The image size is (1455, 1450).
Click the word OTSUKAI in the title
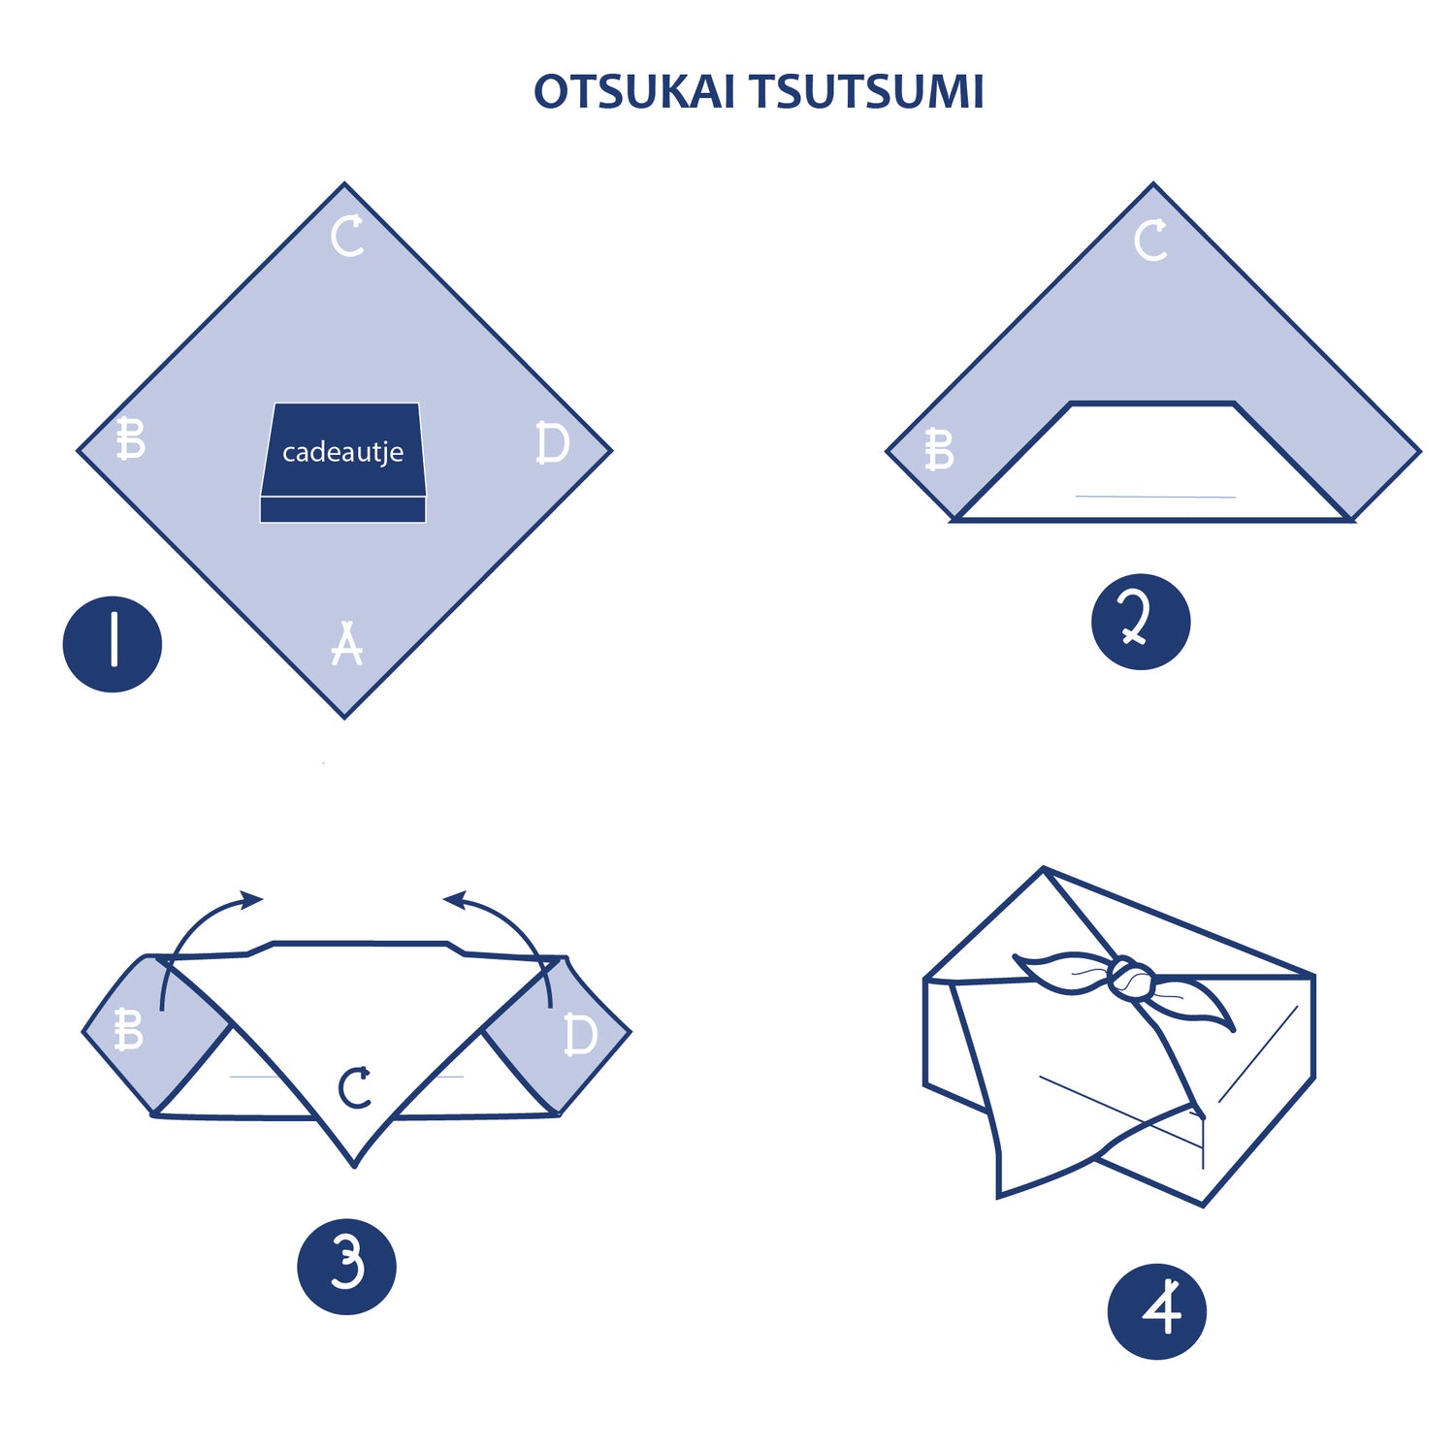click(633, 93)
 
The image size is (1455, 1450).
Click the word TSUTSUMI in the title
click(866, 93)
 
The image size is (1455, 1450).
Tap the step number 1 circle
click(113, 644)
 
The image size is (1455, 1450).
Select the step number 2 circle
click(1141, 622)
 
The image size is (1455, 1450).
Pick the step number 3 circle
click(346, 1267)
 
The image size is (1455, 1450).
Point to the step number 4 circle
click(1156, 1311)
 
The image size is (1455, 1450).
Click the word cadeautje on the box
click(342, 453)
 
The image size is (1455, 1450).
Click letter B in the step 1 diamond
click(130, 438)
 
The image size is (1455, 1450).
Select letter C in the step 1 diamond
click(347, 237)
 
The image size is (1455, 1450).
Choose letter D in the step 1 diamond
click(553, 443)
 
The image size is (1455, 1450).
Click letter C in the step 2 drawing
click(1151, 241)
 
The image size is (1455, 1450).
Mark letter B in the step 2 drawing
click(939, 450)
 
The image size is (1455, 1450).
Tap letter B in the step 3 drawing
click(128, 1030)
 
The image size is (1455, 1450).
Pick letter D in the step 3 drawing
click(581, 1034)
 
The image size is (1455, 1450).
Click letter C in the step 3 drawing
click(355, 1087)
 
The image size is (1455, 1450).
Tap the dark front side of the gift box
click(342, 509)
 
